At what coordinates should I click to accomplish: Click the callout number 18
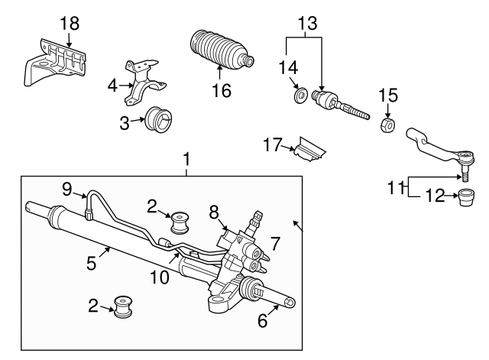point(70,24)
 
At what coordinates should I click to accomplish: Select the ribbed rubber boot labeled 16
point(221,50)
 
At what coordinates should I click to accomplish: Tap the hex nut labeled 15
point(388,125)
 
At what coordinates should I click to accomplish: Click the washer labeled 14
point(301,96)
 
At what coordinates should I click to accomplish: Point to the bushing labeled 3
point(159,121)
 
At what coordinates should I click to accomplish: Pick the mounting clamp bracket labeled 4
point(144,83)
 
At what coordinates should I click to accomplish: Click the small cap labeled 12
point(467,197)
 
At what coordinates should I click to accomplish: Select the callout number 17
point(273,144)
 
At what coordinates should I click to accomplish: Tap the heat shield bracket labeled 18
point(55,62)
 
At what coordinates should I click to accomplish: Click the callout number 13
point(308,23)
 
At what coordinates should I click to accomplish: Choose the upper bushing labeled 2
point(180,222)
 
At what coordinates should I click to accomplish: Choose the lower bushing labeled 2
point(122,306)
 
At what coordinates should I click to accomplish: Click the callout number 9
point(67,189)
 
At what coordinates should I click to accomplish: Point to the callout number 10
point(160,277)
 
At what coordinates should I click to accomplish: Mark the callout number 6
point(262,320)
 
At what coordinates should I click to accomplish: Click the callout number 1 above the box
point(186,159)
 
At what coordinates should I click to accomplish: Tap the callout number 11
point(396,188)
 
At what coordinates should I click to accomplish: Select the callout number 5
point(92,263)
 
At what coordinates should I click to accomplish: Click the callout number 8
point(214,212)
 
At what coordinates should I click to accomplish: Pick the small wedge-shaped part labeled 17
point(309,150)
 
